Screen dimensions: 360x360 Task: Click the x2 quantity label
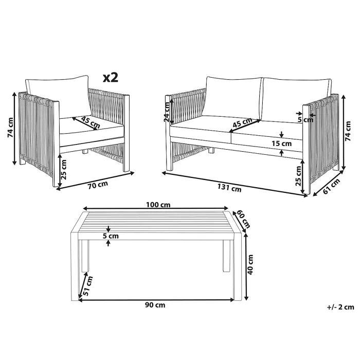click(111, 78)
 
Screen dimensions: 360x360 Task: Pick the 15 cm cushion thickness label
click(282, 143)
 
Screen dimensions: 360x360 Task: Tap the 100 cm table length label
click(158, 204)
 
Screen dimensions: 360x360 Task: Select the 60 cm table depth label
click(243, 219)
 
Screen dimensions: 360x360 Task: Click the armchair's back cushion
click(57, 94)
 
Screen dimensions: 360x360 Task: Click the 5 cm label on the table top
click(111, 236)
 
